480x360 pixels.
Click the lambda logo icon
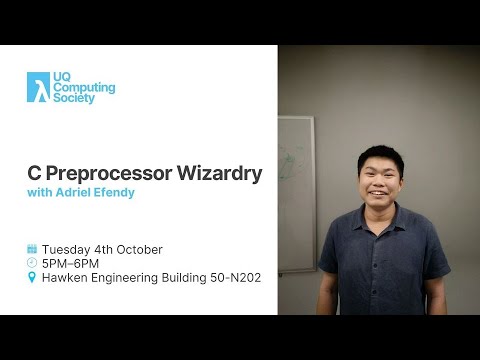pos(37,88)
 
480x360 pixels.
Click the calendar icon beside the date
pos(32,249)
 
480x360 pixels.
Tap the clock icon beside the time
pos(32,263)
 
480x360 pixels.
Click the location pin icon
pos(32,277)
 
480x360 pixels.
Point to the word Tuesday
pos(65,249)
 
